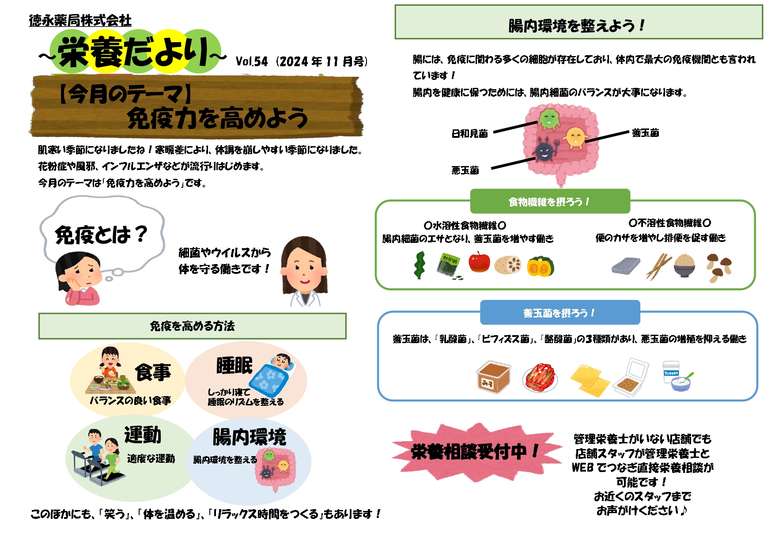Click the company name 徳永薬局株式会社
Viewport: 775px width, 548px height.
[x=80, y=20]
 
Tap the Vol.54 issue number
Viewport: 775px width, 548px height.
[x=252, y=61]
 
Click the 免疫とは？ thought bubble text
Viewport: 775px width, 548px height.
[x=101, y=234]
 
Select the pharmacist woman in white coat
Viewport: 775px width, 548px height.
[x=305, y=272]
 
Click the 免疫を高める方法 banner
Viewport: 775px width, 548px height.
[x=192, y=326]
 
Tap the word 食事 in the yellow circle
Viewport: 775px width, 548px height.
[x=153, y=372]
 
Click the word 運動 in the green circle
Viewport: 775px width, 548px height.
[x=143, y=435]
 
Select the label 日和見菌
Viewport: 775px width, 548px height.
[x=469, y=133]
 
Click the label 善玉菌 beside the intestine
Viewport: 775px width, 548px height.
[x=645, y=132]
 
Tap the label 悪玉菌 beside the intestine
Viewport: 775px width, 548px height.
[x=465, y=170]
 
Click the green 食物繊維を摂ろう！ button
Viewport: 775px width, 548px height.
[x=550, y=202]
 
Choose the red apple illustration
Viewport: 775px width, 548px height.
[x=479, y=262]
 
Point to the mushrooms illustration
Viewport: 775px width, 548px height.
[x=718, y=267]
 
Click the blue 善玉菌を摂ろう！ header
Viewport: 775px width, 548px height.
[x=560, y=313]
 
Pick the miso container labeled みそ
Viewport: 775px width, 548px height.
[x=494, y=377]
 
